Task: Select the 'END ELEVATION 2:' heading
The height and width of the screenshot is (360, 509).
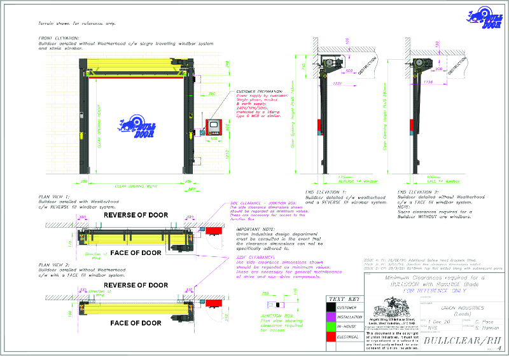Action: coord(417,191)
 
